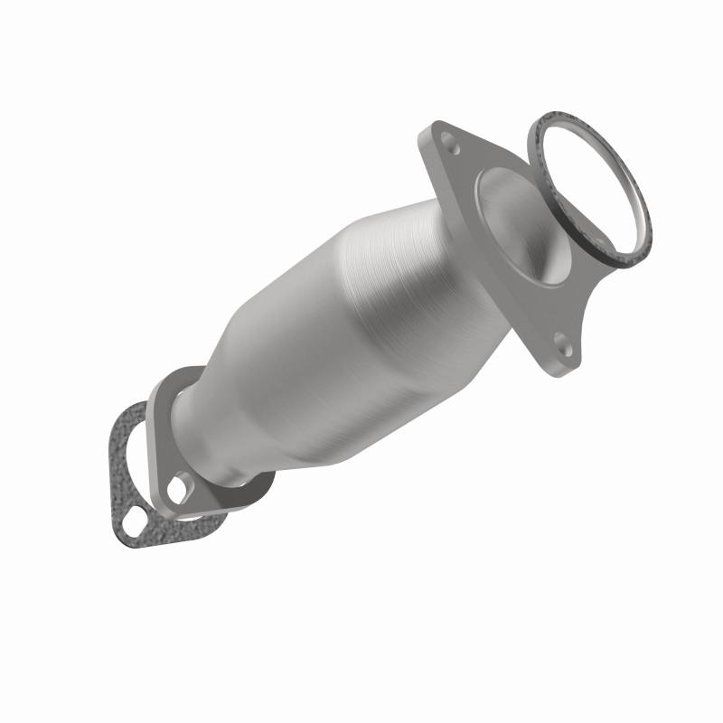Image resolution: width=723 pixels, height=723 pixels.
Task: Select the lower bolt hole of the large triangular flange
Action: [x=562, y=342]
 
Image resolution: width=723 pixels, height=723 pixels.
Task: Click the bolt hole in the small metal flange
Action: [x=177, y=489]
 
